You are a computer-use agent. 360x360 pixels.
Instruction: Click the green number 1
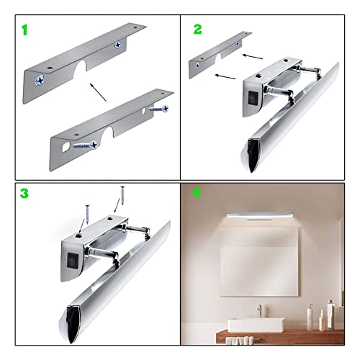25,30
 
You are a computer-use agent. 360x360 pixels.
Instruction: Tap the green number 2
198,30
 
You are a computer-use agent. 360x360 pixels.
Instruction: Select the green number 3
24,193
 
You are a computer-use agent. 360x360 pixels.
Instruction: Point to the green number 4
197,192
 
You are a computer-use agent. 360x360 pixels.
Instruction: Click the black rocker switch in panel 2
253,98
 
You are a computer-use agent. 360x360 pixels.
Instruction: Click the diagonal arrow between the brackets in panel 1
98,92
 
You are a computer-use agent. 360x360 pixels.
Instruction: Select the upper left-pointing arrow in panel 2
253,57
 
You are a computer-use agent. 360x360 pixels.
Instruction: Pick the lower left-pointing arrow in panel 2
225,76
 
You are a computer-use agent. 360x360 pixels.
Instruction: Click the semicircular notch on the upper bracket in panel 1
81,66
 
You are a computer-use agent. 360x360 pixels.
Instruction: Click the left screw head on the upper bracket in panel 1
40,81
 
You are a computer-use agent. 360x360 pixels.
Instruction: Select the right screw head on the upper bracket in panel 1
117,45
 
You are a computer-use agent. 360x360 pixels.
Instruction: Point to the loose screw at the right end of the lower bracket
158,109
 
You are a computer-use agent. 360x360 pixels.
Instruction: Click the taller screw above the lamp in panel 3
122,195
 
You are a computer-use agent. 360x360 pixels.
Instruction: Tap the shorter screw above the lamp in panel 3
87,215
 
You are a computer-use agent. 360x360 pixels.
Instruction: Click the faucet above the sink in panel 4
259,311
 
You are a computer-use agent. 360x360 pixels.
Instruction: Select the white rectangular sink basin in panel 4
256,325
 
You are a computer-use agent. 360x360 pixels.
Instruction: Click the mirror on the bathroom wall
259,261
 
